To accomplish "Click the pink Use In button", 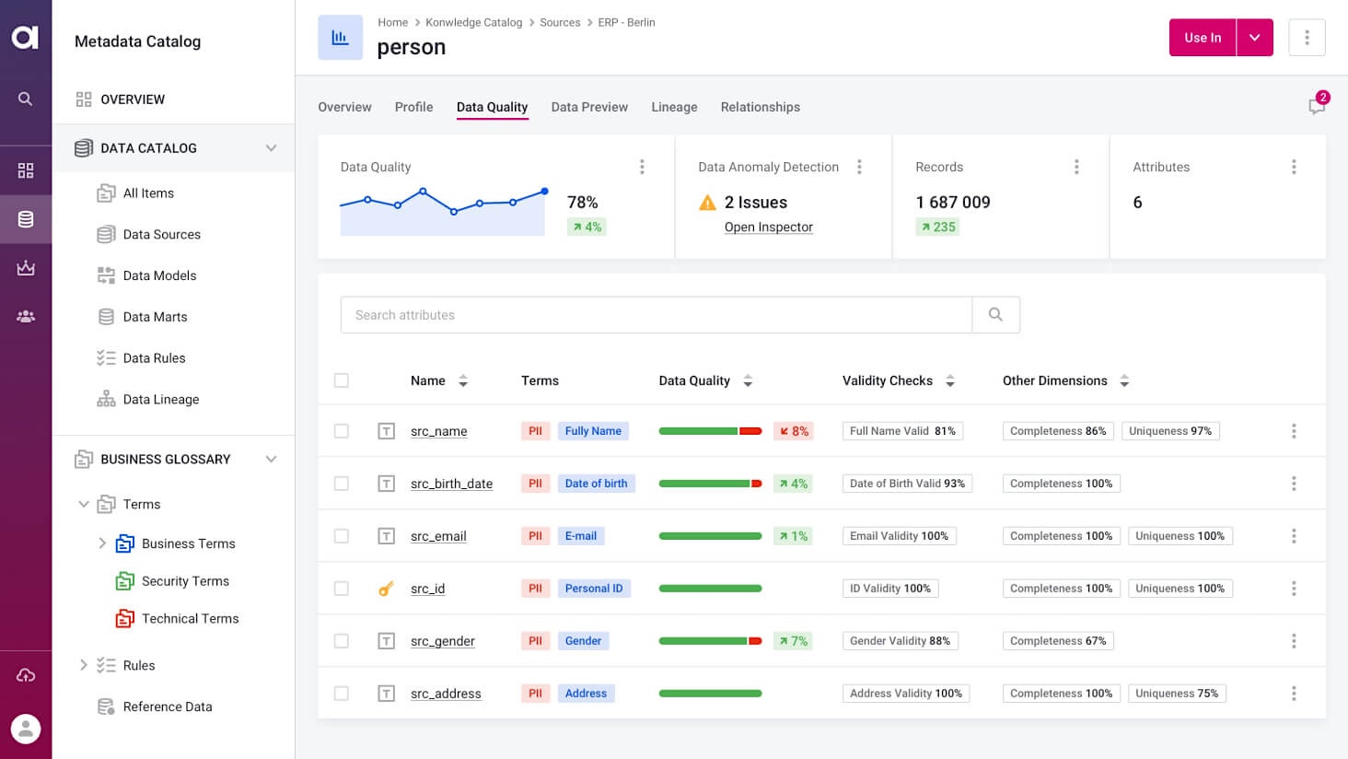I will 1203,38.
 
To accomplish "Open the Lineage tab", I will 674,107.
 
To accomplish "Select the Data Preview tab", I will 589,107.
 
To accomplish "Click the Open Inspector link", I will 768,228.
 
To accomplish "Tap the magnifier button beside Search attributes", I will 995,315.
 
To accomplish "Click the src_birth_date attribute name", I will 451,484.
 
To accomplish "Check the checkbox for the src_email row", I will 342,536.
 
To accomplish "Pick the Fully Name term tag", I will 593,431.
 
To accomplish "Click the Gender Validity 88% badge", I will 900,641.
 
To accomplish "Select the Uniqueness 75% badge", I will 1176,694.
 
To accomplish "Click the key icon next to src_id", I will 386,589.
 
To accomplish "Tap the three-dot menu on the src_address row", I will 1294,694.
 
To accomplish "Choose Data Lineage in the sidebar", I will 160,400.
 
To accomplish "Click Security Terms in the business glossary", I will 185,581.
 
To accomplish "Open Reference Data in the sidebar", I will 167,706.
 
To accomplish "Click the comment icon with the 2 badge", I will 1317,106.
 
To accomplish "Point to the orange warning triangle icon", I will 707,203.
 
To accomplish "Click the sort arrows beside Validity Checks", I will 950,380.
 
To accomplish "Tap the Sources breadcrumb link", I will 560,22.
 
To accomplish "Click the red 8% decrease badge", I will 794,431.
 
